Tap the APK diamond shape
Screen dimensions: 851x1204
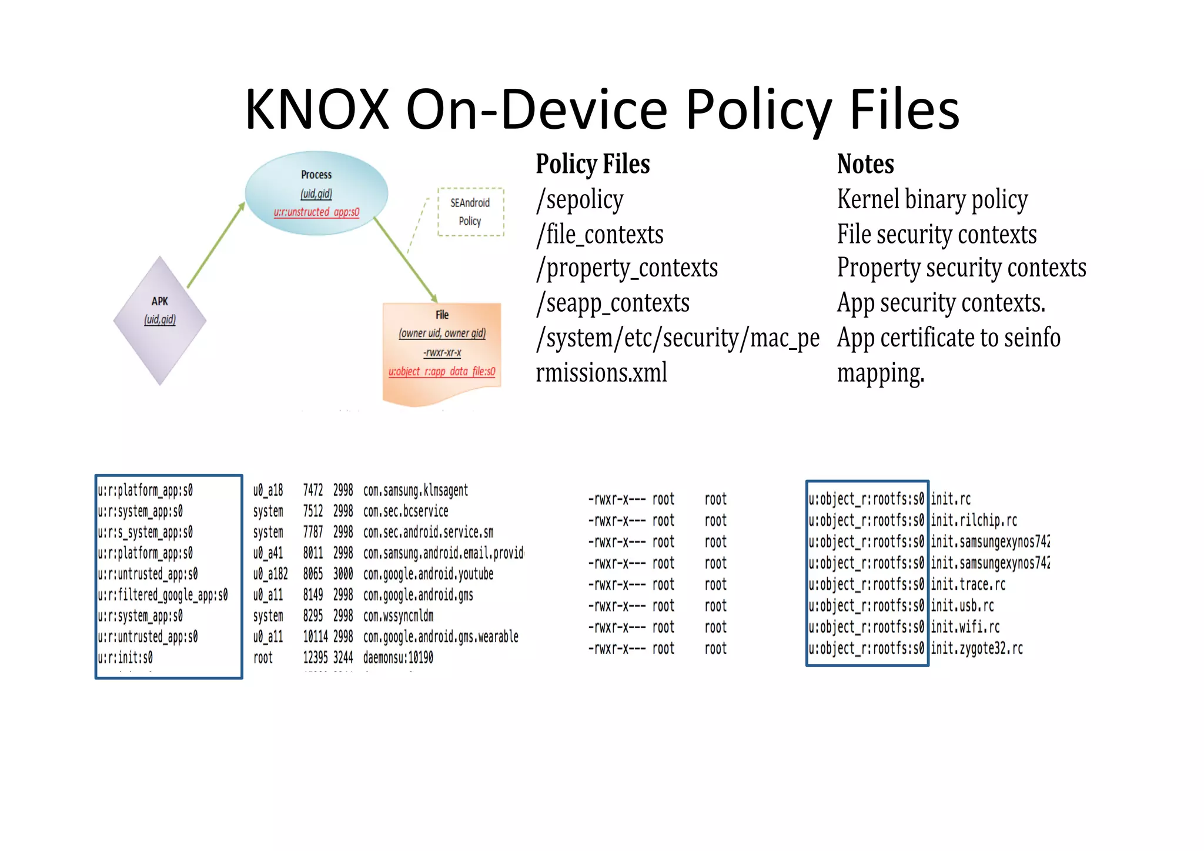point(160,321)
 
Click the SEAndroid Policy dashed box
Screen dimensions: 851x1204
point(470,212)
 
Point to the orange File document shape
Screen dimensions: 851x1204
point(442,353)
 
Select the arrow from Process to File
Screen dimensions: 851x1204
point(406,259)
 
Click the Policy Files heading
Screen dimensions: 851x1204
point(593,164)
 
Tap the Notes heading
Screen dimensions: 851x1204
point(865,164)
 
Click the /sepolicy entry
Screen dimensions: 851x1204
point(580,200)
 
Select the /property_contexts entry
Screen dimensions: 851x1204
point(627,268)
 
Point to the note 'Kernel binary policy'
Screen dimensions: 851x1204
point(932,200)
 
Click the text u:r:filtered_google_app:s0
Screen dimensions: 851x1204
point(163,595)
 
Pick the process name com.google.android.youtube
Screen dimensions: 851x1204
point(428,574)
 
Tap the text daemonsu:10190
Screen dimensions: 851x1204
point(398,658)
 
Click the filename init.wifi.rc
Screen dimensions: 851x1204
point(965,627)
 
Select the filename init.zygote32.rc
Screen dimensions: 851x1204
point(976,649)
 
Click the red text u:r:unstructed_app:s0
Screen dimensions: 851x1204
point(316,212)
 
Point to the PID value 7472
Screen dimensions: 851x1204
point(313,490)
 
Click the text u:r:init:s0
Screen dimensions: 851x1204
point(125,658)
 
